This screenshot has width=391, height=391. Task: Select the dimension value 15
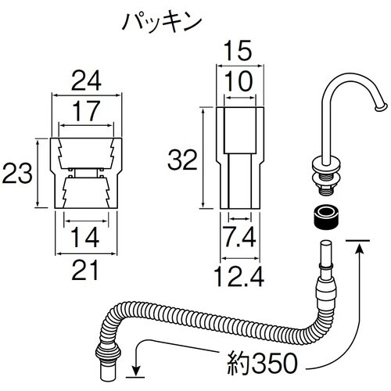[241, 52]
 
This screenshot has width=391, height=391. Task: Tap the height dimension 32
[182, 161]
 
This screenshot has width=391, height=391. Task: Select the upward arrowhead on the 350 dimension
[360, 249]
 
